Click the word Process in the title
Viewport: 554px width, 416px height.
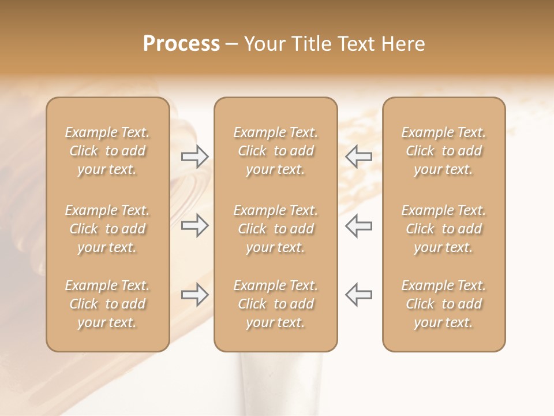pos(181,44)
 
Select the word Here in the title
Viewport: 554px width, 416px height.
pos(403,44)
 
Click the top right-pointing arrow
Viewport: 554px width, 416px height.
pos(195,157)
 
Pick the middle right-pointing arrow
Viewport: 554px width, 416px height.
pos(195,225)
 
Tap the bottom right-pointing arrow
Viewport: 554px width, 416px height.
pos(195,295)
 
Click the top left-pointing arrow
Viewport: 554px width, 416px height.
pos(358,157)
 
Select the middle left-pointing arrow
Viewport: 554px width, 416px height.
pos(358,225)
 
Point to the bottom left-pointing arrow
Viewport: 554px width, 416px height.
pos(358,295)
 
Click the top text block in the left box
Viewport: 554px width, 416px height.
pos(107,151)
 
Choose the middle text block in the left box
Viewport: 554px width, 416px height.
pos(107,229)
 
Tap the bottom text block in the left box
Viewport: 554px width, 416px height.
pos(107,304)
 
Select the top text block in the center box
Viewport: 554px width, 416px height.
pos(275,151)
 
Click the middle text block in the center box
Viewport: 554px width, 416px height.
pos(275,229)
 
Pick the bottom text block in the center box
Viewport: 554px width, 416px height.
pos(275,304)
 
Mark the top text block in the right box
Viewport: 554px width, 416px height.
pos(443,151)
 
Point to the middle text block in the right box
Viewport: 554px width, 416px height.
pos(443,229)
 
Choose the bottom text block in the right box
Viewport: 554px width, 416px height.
pos(443,304)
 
